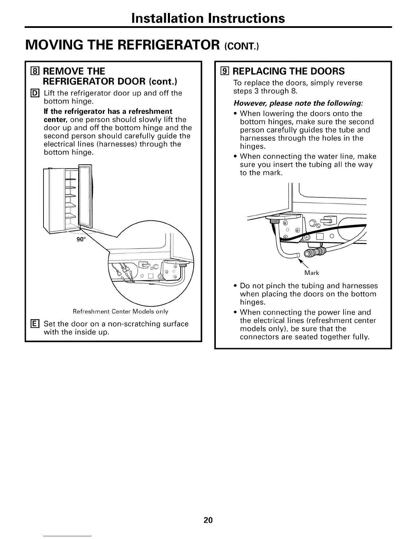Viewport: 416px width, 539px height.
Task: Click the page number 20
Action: (x=208, y=520)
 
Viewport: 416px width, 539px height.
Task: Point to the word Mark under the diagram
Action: (x=312, y=273)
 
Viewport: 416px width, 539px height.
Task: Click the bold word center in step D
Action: (x=56, y=120)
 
